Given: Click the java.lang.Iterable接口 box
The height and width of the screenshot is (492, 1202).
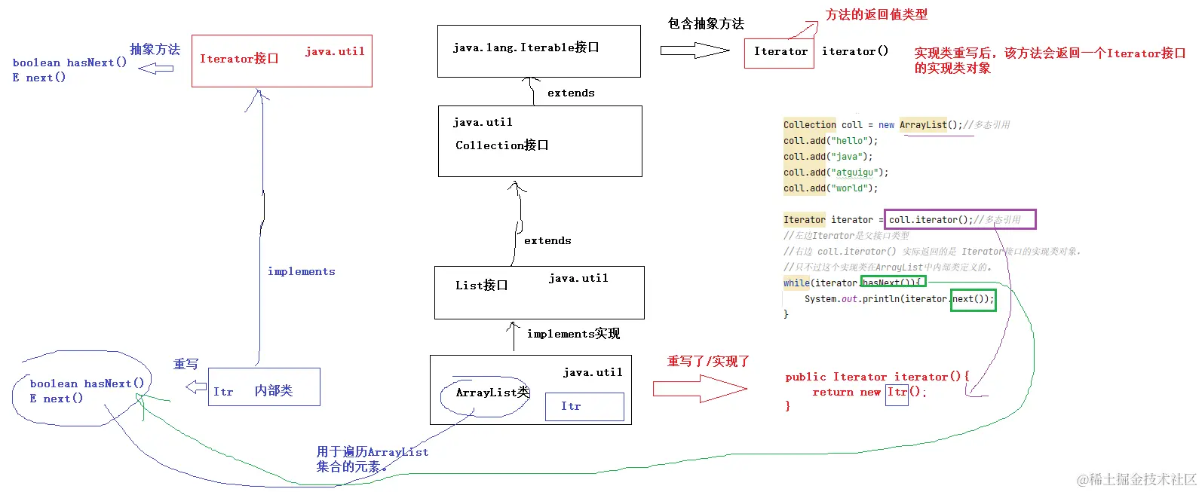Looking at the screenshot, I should click(538, 50).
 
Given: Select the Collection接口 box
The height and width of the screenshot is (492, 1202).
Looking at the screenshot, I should click(540, 141).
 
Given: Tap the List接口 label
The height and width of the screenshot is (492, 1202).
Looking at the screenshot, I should click(481, 286).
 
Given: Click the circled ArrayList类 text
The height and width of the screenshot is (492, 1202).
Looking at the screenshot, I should click(492, 393).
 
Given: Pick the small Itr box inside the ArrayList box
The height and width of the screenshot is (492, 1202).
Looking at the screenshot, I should click(584, 407).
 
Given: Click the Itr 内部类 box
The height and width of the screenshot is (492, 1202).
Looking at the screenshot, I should click(264, 387).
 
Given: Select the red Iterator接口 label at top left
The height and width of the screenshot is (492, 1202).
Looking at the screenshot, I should click(239, 59).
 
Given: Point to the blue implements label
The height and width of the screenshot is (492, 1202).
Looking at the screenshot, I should click(301, 271).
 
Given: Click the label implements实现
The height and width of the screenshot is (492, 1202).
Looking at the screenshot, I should click(573, 334).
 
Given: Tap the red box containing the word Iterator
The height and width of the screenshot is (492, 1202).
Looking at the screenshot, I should click(779, 52).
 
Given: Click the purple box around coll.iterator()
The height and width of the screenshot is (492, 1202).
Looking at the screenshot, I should click(960, 219).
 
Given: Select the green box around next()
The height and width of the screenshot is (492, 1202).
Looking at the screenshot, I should click(973, 299).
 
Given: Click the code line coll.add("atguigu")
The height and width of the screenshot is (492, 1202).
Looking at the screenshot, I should click(836, 173).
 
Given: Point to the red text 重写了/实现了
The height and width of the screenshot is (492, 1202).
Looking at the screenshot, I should click(708, 362).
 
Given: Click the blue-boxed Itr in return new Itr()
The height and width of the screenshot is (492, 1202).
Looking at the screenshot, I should click(897, 393).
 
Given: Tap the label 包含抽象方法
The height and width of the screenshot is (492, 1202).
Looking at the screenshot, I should click(706, 24).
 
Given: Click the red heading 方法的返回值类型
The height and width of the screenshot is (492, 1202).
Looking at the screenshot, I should click(876, 15).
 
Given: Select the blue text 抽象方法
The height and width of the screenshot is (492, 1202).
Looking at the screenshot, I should click(155, 50).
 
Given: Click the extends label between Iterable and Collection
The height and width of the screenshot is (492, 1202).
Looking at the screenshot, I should click(571, 93).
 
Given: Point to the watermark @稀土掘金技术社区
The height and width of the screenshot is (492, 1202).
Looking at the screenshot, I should click(1136, 479).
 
